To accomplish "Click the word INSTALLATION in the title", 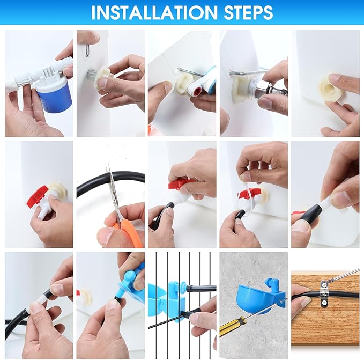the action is [x=154, y=12].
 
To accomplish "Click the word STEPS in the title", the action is [x=248, y=12].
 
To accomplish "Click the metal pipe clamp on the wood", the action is [x=323, y=293].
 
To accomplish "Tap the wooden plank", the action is [x=325, y=308].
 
